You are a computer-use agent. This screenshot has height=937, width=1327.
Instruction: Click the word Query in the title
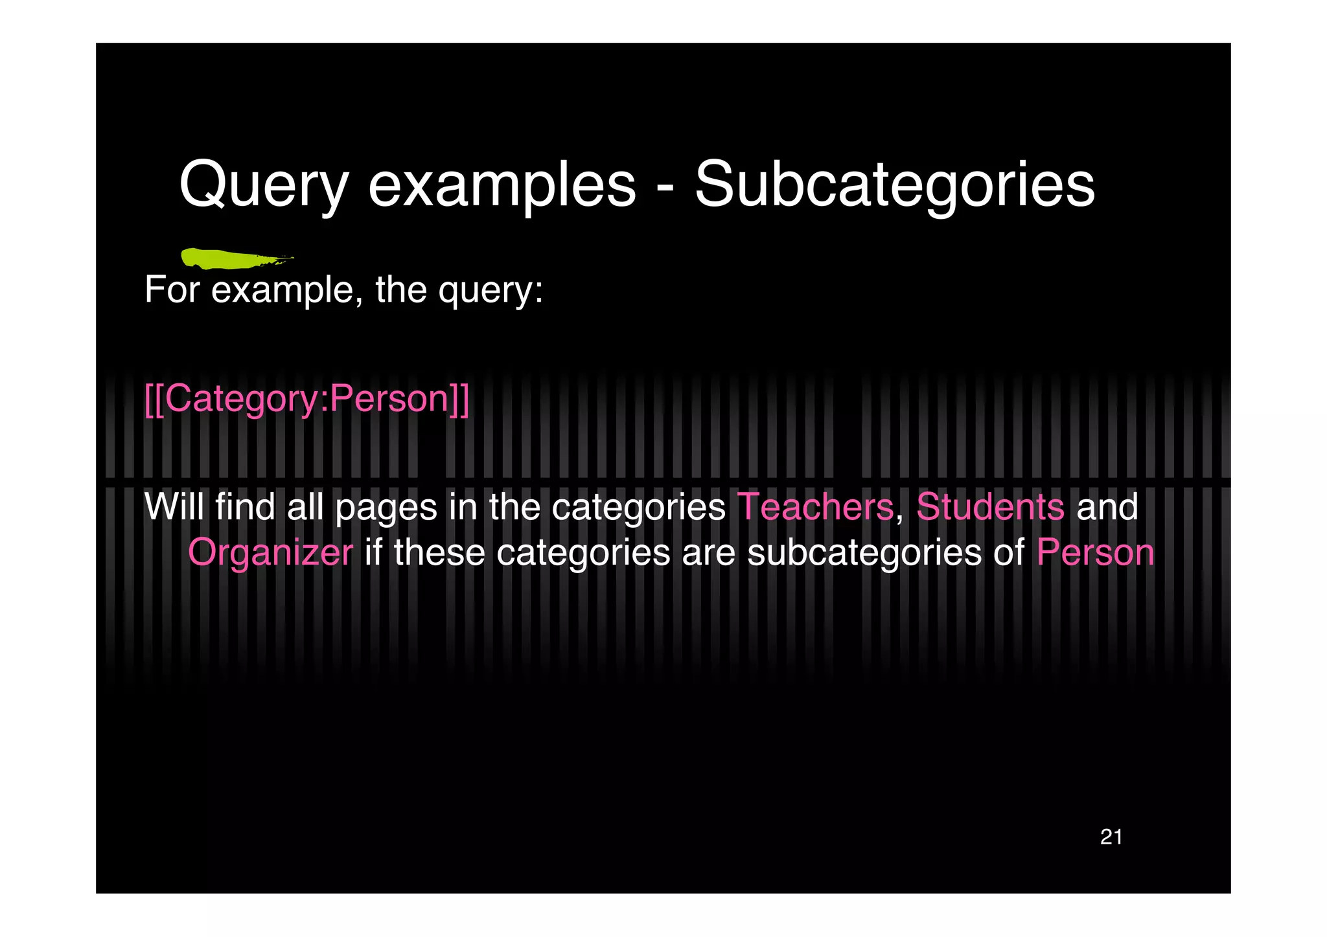tap(263, 186)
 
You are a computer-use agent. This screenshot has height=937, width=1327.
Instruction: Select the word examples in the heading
tap(502, 186)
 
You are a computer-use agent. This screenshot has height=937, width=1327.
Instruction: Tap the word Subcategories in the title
tap(895, 186)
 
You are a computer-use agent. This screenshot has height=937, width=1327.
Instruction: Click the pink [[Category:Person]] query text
tap(306, 399)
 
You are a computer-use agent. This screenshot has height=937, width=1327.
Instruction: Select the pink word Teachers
tap(815, 506)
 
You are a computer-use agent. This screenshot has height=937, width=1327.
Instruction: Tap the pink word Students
tap(989, 506)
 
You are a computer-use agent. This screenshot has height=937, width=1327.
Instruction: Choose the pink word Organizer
tap(270, 552)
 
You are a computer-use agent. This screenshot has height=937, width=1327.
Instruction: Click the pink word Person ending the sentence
tap(1095, 552)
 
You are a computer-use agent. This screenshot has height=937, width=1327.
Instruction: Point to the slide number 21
tap(1111, 837)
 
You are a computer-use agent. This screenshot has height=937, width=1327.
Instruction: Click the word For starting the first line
tap(172, 289)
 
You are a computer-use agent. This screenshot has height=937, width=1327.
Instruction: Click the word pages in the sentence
tap(386, 508)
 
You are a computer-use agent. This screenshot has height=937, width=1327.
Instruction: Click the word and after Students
tap(1107, 506)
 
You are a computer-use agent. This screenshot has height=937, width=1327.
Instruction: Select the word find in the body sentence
tap(246, 506)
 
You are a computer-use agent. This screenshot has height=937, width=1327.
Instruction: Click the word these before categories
tap(439, 552)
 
